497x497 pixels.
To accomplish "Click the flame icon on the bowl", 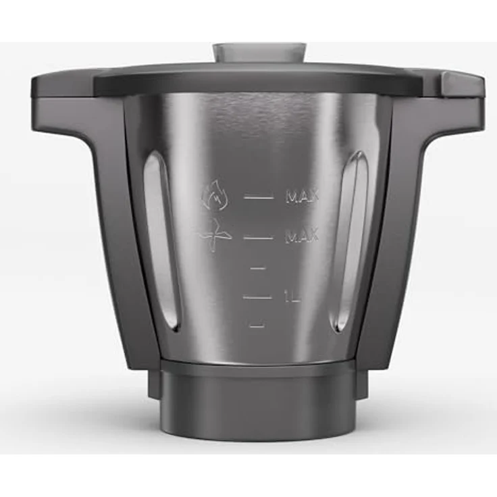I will pos(214,197).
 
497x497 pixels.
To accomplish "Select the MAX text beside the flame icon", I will pos(302,197).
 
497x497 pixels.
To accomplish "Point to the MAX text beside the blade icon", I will pos(301,237).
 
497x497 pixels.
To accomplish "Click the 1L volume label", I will pos(292,296).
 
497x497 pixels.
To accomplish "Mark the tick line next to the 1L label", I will pos(257,296).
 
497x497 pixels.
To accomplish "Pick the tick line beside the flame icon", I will pos(259,197).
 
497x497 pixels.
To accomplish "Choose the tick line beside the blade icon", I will pos(259,238).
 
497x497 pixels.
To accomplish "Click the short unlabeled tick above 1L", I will pos(257,269).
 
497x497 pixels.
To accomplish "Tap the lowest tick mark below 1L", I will pos(256,326).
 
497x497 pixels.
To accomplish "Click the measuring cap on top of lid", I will pos(259,53).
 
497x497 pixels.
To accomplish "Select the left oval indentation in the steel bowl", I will pos(162,240).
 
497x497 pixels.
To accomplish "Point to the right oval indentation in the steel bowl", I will pos(351,240).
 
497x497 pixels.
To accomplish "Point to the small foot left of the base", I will pos(153,385).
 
